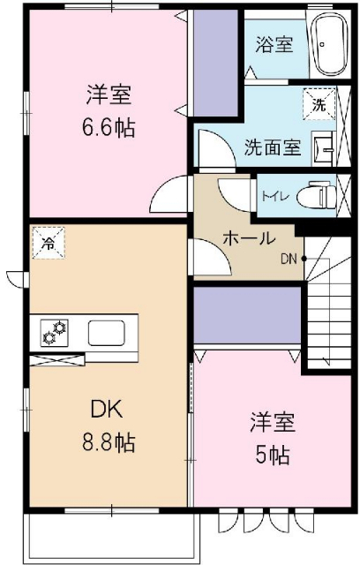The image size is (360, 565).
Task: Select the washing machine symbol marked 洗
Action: coord(318,104)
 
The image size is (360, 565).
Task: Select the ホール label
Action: coord(249,238)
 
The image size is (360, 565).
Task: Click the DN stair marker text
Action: coord(289,259)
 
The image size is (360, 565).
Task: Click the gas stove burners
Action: coord(55,334)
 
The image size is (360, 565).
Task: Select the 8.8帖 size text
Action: coord(110,441)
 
